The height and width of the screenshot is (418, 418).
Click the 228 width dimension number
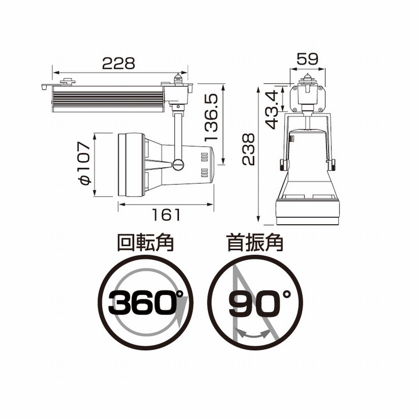[118, 63]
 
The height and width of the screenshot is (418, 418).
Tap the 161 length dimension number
[167, 215]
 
